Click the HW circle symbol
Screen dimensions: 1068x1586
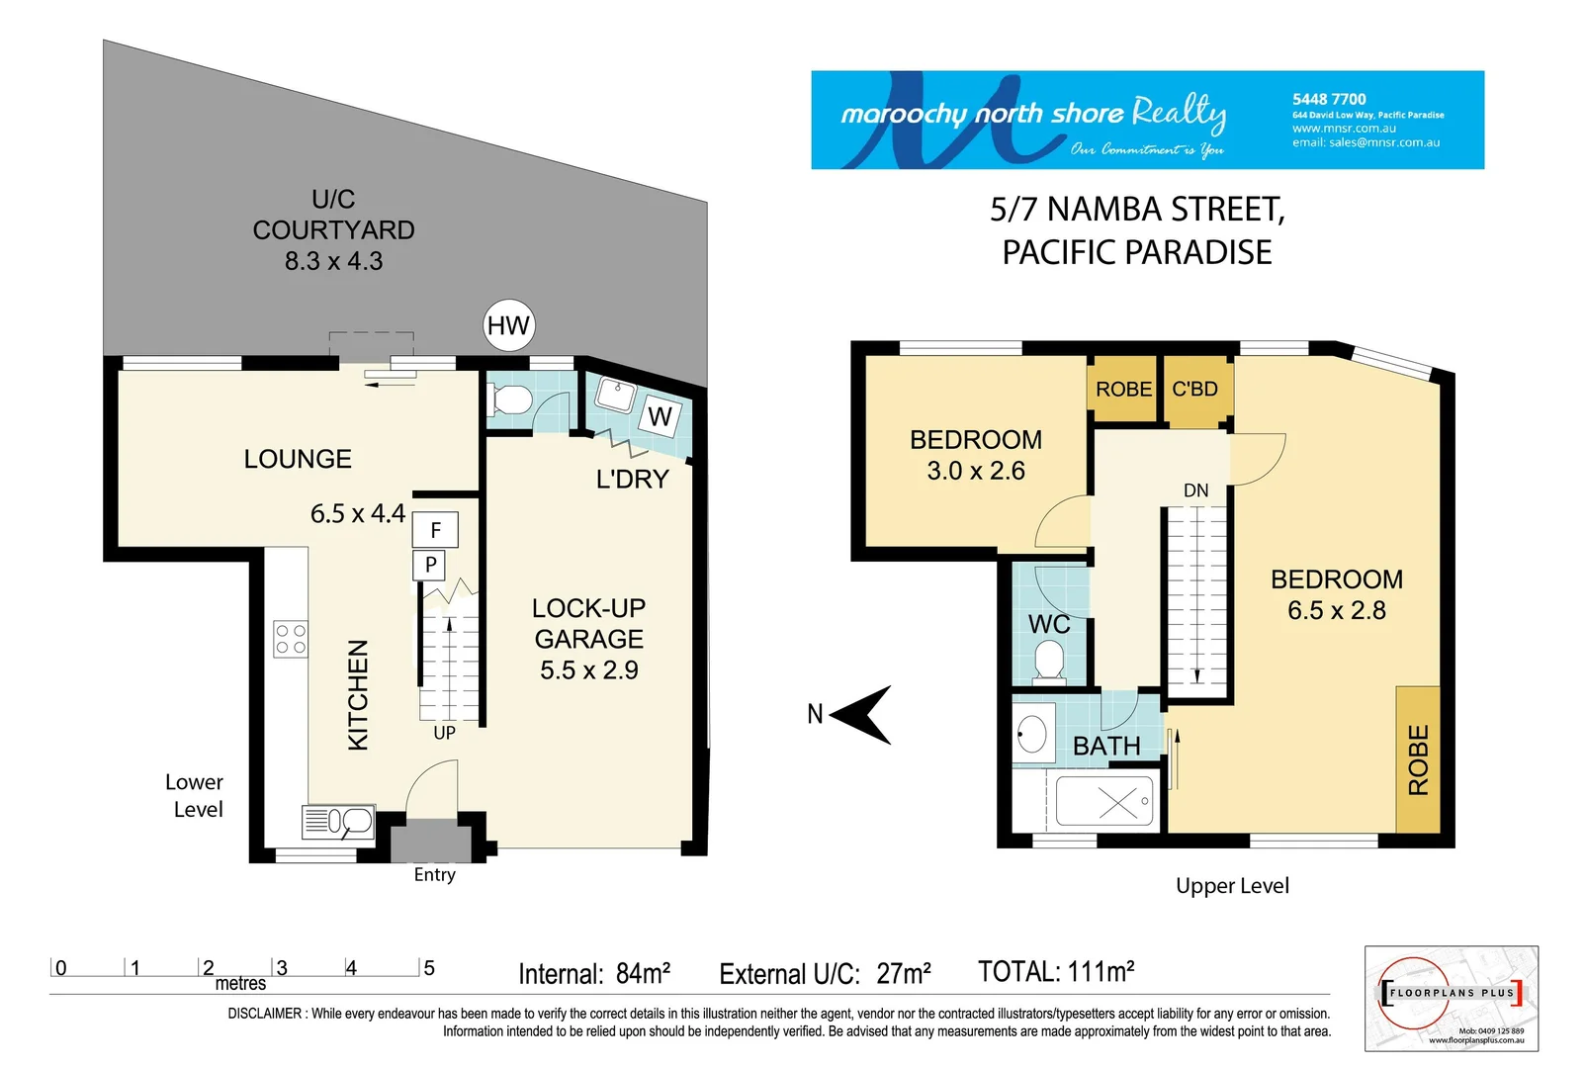point(508,325)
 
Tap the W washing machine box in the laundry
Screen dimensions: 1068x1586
point(660,416)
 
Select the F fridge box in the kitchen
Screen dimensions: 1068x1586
point(435,530)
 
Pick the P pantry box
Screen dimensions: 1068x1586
point(430,566)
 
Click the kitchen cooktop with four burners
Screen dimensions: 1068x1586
point(291,639)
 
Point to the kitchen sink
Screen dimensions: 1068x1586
point(339,822)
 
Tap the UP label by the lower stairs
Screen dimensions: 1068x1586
point(444,733)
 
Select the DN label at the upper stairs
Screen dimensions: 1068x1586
point(1195,490)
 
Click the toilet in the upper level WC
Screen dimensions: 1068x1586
point(1048,661)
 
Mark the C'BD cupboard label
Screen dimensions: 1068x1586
point(1194,390)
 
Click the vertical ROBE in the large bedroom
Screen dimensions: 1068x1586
point(1418,759)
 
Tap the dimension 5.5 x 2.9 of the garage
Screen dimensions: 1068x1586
point(588,670)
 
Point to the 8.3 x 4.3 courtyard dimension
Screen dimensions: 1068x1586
point(333,261)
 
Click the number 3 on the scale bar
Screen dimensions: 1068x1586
point(282,968)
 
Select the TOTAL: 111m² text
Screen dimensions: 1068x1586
point(1055,972)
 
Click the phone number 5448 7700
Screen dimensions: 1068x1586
point(1328,99)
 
